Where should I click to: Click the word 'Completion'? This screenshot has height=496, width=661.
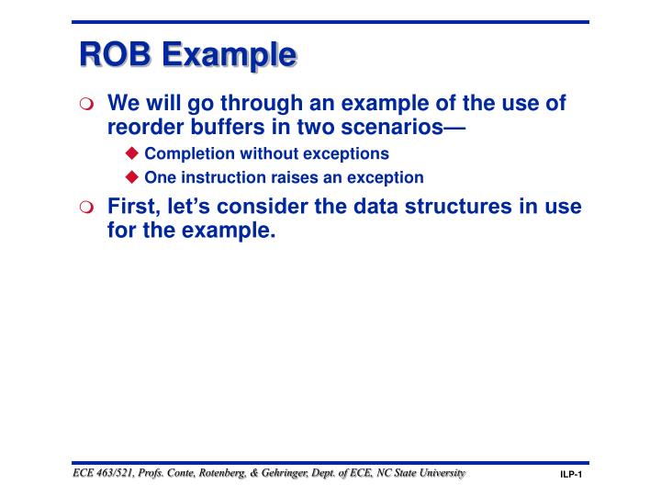tap(187, 153)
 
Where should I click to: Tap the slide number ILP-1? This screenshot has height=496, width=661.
tap(572, 475)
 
